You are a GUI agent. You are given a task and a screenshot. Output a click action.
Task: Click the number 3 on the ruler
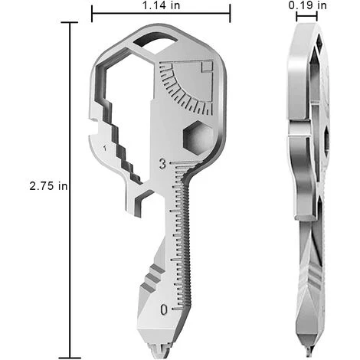tap(162, 162)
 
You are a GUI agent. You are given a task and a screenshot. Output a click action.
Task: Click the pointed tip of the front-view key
tap(162, 352)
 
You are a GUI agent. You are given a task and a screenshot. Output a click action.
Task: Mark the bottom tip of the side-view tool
tap(305, 349)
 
